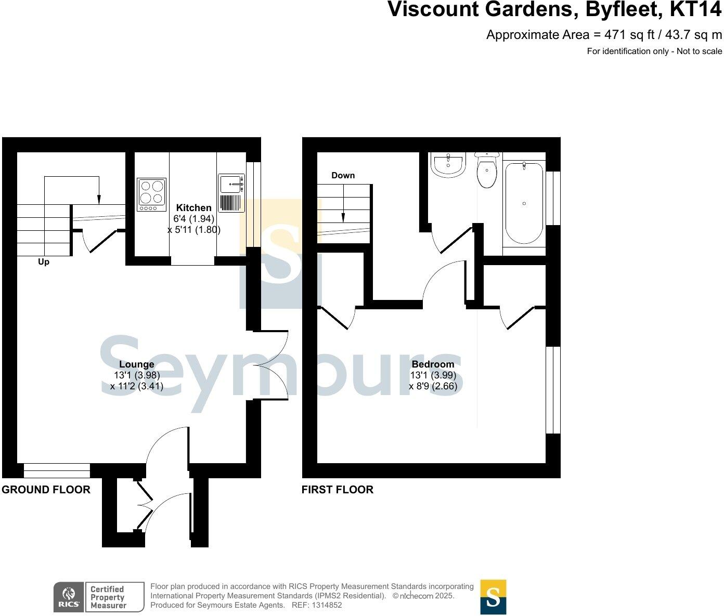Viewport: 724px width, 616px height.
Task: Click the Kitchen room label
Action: [193, 208]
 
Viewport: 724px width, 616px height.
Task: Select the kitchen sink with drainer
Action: [231, 193]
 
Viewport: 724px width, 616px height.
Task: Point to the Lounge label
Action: [136, 364]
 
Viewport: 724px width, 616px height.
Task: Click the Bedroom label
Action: [433, 364]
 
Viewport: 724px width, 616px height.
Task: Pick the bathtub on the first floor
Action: [524, 203]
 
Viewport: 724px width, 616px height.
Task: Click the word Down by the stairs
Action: [343, 176]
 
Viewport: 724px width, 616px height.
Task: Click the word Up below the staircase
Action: [44, 262]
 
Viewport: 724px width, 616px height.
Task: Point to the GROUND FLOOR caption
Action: [46, 490]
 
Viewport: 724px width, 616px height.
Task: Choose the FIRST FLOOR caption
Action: [338, 490]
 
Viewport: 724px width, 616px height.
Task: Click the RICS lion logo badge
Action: [68, 597]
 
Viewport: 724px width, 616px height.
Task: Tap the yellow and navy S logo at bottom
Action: [493, 597]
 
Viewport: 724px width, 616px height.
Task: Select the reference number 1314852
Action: [325, 605]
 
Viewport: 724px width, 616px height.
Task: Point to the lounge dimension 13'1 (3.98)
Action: [137, 375]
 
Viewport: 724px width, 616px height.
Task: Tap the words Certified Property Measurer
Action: [108, 597]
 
